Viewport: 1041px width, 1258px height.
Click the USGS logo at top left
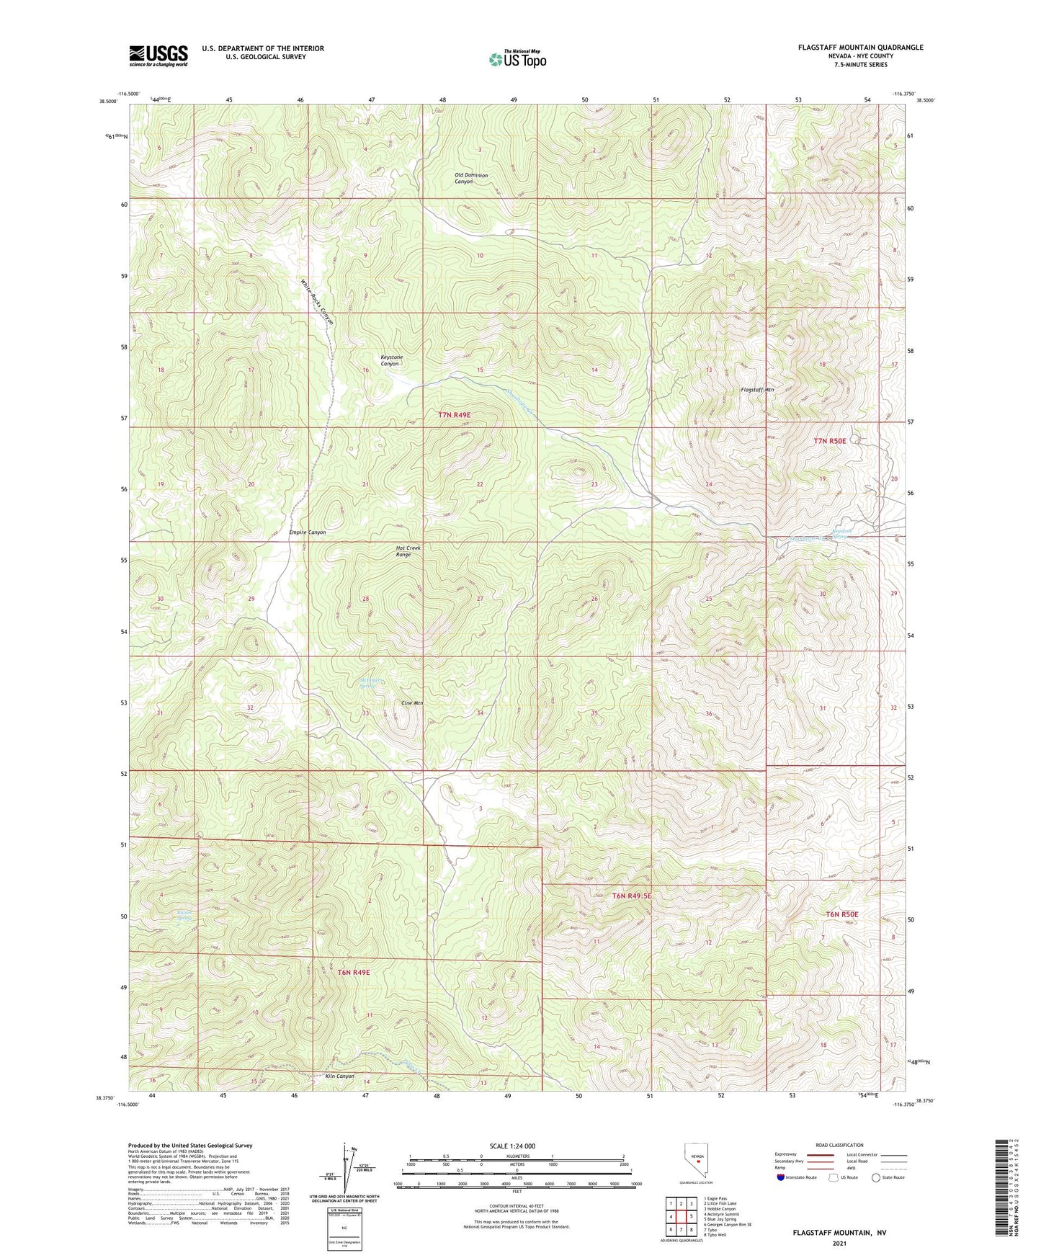158,55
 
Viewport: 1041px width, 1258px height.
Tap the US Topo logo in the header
517,59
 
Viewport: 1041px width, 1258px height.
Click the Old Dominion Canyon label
470,178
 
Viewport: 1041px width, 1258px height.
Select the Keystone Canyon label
391,360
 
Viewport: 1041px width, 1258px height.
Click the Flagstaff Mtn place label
757,390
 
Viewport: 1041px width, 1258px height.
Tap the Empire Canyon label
308,532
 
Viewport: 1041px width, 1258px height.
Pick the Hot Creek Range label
408,551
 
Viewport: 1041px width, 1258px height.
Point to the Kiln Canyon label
339,1076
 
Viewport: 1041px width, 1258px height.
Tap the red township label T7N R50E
831,440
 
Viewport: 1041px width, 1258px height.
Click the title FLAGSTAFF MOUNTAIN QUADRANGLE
860,47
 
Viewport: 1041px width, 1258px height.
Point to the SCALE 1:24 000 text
511,1146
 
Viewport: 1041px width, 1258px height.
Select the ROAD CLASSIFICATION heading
839,1145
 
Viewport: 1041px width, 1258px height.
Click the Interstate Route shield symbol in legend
781,1177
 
